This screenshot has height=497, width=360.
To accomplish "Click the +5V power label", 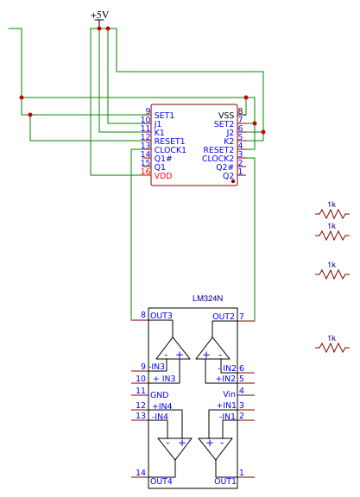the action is click(99, 15).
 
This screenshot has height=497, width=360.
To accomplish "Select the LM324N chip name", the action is click(208, 299).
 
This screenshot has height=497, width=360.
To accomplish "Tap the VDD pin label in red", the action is click(163, 176).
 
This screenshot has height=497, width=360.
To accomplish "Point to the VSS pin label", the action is click(226, 116).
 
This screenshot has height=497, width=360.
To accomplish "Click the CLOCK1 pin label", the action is click(170, 150).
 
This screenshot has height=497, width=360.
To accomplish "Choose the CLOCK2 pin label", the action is click(218, 159).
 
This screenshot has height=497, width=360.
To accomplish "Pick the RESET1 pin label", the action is click(169, 142).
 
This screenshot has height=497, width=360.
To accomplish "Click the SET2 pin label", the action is click(224, 124).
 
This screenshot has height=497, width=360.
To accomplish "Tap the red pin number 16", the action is click(146, 172).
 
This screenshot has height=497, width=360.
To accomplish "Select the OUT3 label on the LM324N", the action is click(161, 316).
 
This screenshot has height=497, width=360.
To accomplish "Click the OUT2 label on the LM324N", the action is click(224, 317).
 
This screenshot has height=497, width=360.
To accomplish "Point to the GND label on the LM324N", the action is click(159, 395).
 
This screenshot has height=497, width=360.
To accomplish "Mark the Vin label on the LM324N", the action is click(229, 394).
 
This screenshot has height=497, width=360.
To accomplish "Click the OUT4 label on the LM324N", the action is click(161, 481).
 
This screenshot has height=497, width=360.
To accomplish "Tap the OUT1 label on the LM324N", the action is click(225, 481).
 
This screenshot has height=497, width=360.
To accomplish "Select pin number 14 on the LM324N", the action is click(141, 473).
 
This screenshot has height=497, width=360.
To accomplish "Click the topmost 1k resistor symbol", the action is click(332, 214).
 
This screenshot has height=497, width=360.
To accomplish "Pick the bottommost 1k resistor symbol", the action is click(332, 348).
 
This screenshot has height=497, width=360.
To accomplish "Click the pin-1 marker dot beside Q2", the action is click(233, 181).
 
